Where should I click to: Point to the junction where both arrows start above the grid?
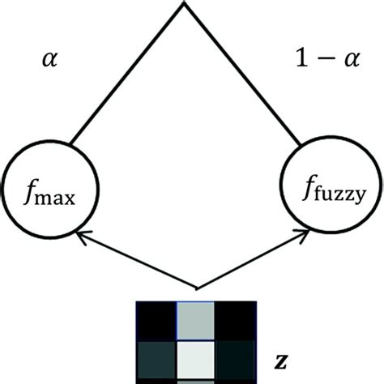(195, 287)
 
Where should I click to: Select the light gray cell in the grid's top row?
(194, 321)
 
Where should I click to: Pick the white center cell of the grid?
(194, 359)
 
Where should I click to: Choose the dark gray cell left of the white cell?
(156, 359)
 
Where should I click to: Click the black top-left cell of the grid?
(156, 321)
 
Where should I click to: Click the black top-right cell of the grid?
(234, 321)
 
